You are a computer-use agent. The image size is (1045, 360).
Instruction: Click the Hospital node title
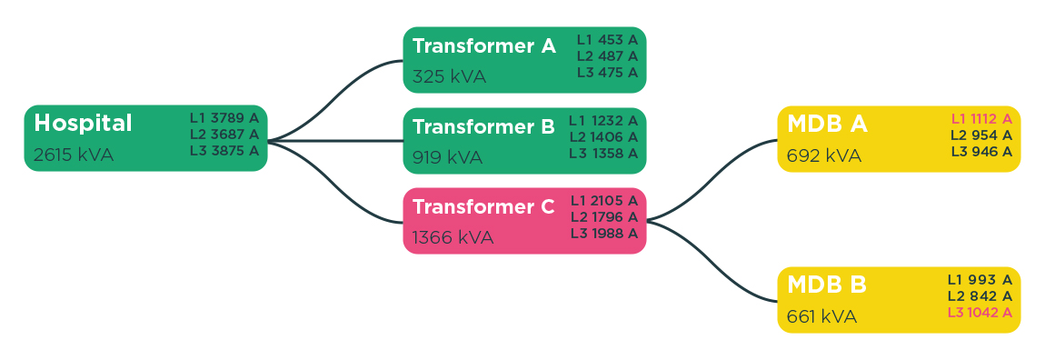point(83,123)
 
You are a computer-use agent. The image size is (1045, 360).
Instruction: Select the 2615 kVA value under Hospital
point(74,155)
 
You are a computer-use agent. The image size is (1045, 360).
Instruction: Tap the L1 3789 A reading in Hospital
point(224,118)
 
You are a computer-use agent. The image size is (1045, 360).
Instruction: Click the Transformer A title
point(483,46)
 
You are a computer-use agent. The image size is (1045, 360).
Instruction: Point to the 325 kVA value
point(449,76)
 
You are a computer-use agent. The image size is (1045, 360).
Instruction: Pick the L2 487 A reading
point(607,56)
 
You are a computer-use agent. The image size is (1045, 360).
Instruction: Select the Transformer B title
point(483,127)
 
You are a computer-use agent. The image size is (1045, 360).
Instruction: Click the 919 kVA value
point(447,157)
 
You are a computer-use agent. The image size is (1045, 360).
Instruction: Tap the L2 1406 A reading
point(603,137)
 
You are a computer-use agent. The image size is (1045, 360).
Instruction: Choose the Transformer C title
point(483,207)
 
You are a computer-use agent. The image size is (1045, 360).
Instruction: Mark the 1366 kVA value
point(453,237)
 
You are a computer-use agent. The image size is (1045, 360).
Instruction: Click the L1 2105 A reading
point(604,201)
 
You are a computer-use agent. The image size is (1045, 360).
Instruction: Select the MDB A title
point(827,125)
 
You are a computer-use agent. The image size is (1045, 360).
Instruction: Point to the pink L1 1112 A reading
point(981,119)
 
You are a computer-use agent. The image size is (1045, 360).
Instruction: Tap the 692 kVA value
point(823,155)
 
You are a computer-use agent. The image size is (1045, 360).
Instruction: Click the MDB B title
point(827,285)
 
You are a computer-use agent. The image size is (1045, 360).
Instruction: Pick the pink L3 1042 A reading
point(980,313)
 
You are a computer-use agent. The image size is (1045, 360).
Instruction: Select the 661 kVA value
point(821,316)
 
